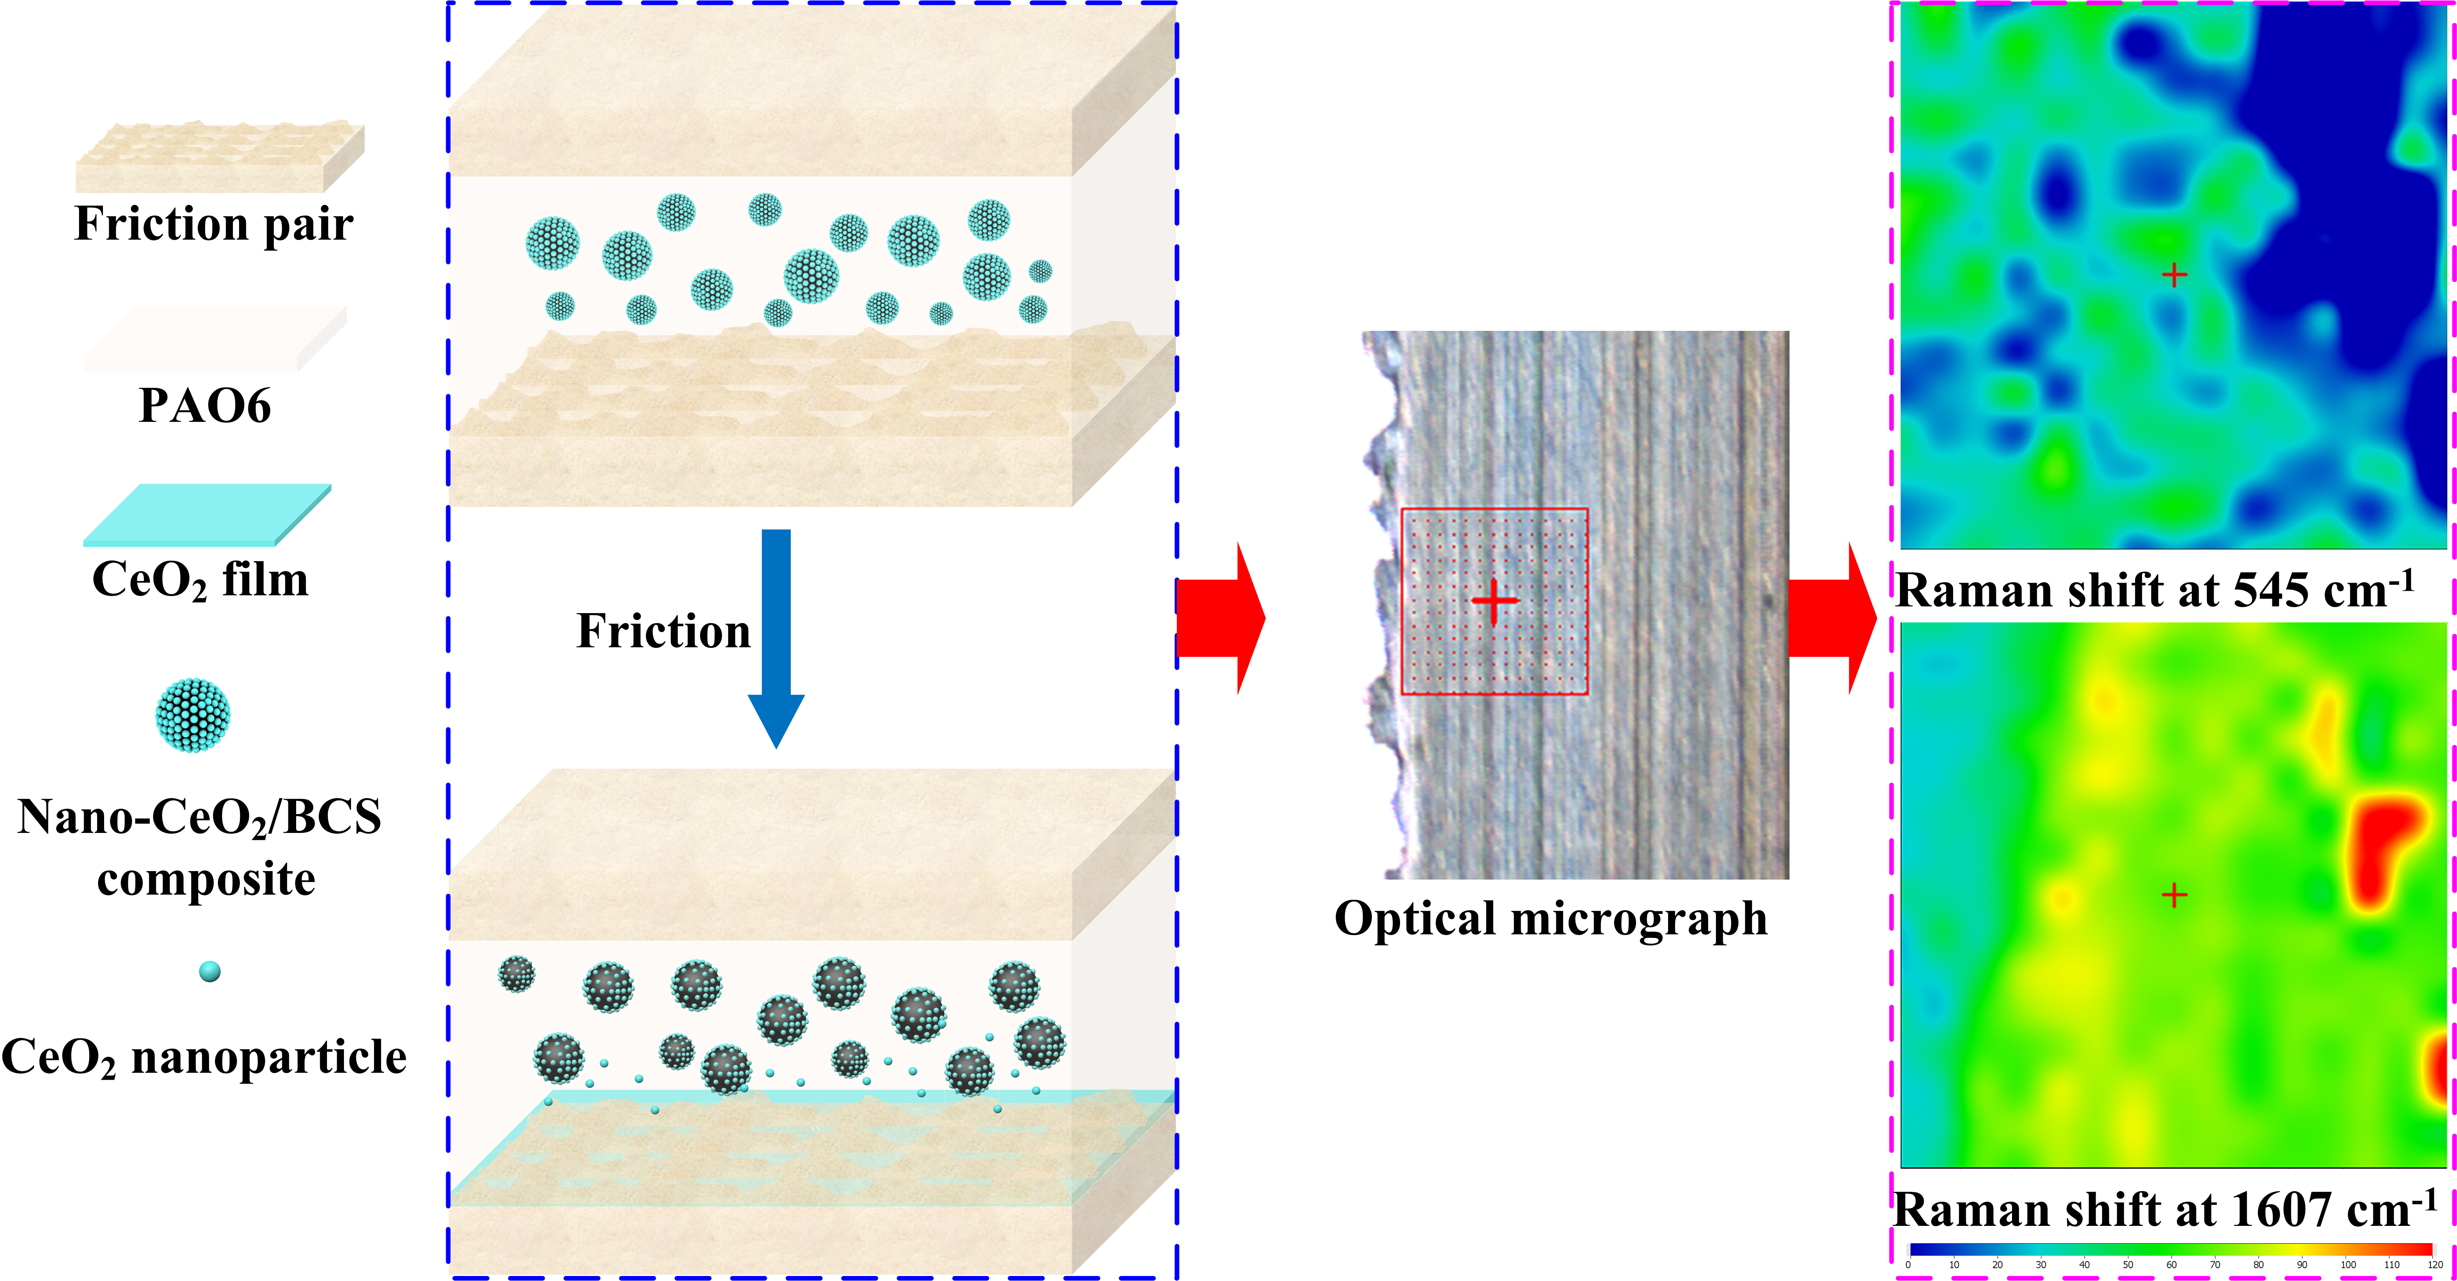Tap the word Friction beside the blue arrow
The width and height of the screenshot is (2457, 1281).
click(x=663, y=632)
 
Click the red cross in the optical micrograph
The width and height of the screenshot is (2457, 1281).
click(x=1494, y=601)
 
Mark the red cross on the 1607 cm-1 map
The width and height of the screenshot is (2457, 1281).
click(x=2174, y=895)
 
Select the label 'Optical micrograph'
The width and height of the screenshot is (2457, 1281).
click(x=1550, y=919)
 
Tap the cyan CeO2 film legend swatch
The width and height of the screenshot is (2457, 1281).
click(x=207, y=515)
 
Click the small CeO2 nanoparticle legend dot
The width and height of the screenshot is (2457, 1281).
click(x=210, y=971)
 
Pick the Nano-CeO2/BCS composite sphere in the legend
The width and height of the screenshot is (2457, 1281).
click(x=193, y=715)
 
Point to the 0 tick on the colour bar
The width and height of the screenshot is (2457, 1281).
click(x=1908, y=1265)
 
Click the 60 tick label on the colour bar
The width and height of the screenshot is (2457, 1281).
click(x=2172, y=1265)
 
